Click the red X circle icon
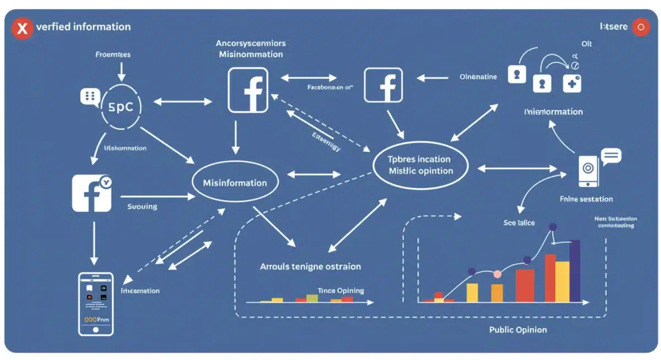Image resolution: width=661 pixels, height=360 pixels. (22, 28)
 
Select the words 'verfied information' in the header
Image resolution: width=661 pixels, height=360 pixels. (83, 27)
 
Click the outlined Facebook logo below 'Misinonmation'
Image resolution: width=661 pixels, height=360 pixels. (248, 90)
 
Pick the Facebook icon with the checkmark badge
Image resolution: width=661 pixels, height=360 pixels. (91, 193)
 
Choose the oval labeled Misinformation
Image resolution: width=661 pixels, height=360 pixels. (235, 183)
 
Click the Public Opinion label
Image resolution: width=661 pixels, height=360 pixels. (518, 330)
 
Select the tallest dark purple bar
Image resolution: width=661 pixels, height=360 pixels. (575, 271)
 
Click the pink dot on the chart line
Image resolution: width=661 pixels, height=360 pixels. (498, 274)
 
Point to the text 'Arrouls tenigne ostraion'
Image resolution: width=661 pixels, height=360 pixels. (310, 266)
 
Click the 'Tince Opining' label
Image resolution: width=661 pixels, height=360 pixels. (340, 291)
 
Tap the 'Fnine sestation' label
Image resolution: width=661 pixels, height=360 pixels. (586, 199)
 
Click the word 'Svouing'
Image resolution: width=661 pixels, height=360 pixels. (142, 206)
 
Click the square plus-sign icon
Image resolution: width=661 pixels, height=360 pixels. (571, 84)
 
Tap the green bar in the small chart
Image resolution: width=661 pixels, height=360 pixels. (312, 298)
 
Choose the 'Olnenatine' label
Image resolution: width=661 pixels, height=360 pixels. (478, 78)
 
